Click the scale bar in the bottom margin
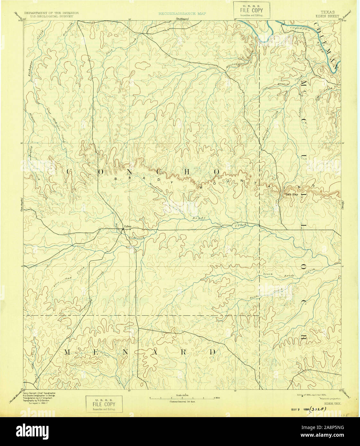coord(182,398)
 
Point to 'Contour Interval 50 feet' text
coord(182,401)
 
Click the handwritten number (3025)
coord(316,409)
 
